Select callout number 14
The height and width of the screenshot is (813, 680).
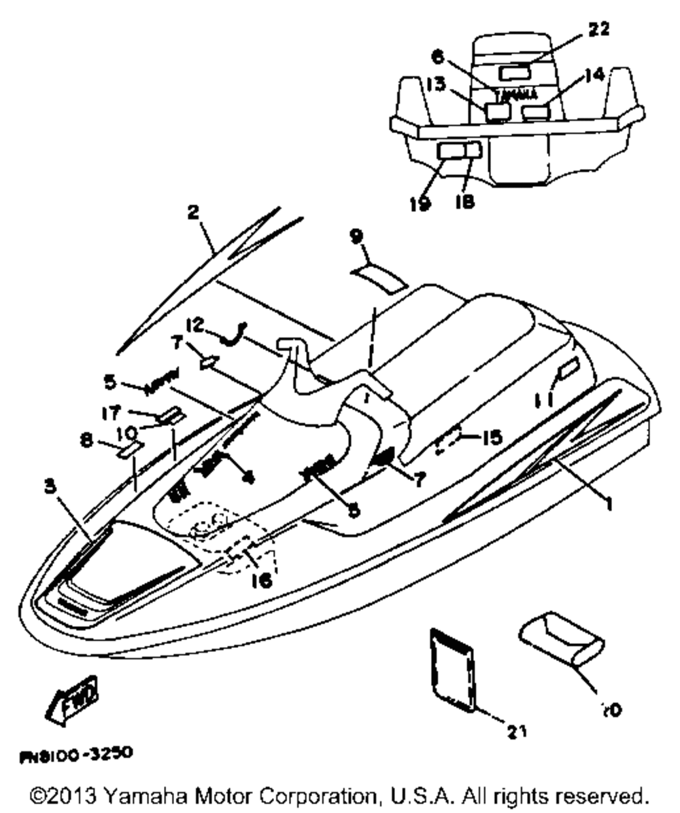[x=594, y=74]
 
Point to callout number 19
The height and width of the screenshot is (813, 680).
[x=421, y=203]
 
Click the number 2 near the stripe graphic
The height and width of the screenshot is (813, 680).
[x=194, y=213]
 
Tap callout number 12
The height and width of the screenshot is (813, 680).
[x=194, y=327]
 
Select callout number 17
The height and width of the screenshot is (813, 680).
[x=112, y=412]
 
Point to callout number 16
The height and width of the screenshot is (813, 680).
[x=260, y=579]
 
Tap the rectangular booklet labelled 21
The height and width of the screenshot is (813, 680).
[x=452, y=670]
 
